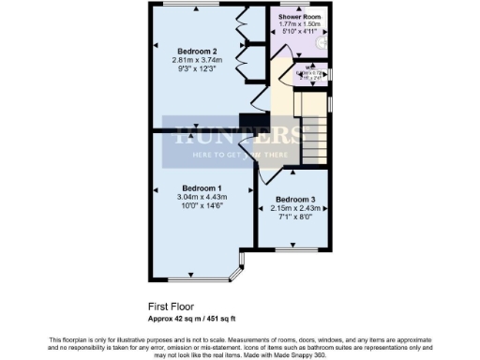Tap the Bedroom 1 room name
point(202,187)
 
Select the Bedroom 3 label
point(294,200)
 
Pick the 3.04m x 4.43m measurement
point(202,196)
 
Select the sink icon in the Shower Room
point(322,43)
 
